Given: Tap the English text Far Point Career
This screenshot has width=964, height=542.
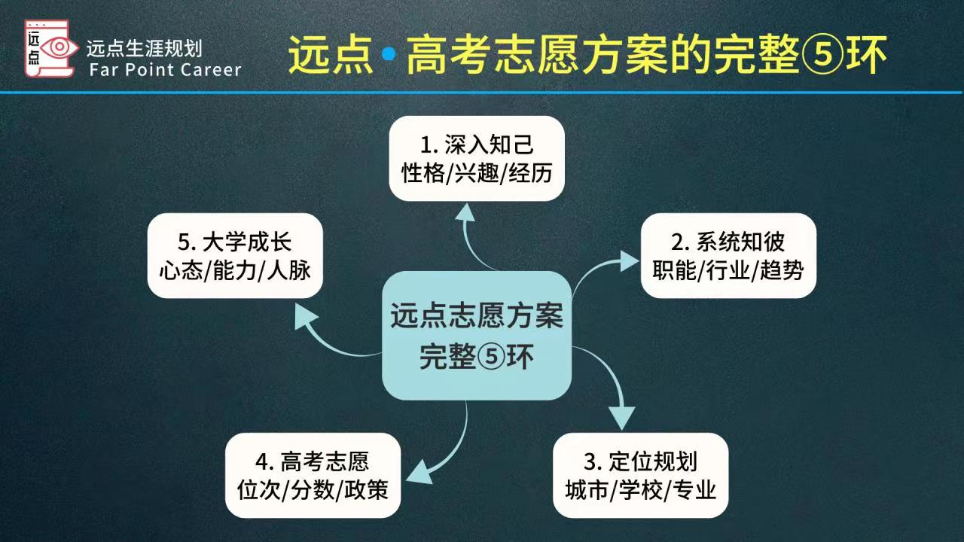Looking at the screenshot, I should tap(165, 70).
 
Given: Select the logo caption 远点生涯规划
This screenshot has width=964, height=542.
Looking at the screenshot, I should tap(144, 49).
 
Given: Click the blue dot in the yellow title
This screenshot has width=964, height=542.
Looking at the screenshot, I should tap(389, 54).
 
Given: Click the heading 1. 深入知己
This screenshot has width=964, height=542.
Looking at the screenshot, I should tap(477, 144).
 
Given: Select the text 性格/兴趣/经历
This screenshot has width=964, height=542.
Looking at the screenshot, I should tap(477, 174).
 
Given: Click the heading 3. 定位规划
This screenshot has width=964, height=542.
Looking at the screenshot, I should tap(642, 461).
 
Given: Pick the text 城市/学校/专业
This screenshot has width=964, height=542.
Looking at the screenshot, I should tap(641, 491).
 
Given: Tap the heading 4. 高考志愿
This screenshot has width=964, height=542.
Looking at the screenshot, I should tap(313, 461).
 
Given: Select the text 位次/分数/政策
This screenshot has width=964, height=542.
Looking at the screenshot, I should tap(313, 491).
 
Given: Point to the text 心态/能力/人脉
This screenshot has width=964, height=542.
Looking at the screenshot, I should tap(235, 271).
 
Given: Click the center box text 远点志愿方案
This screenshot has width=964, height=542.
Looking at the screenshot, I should tap(477, 316).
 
